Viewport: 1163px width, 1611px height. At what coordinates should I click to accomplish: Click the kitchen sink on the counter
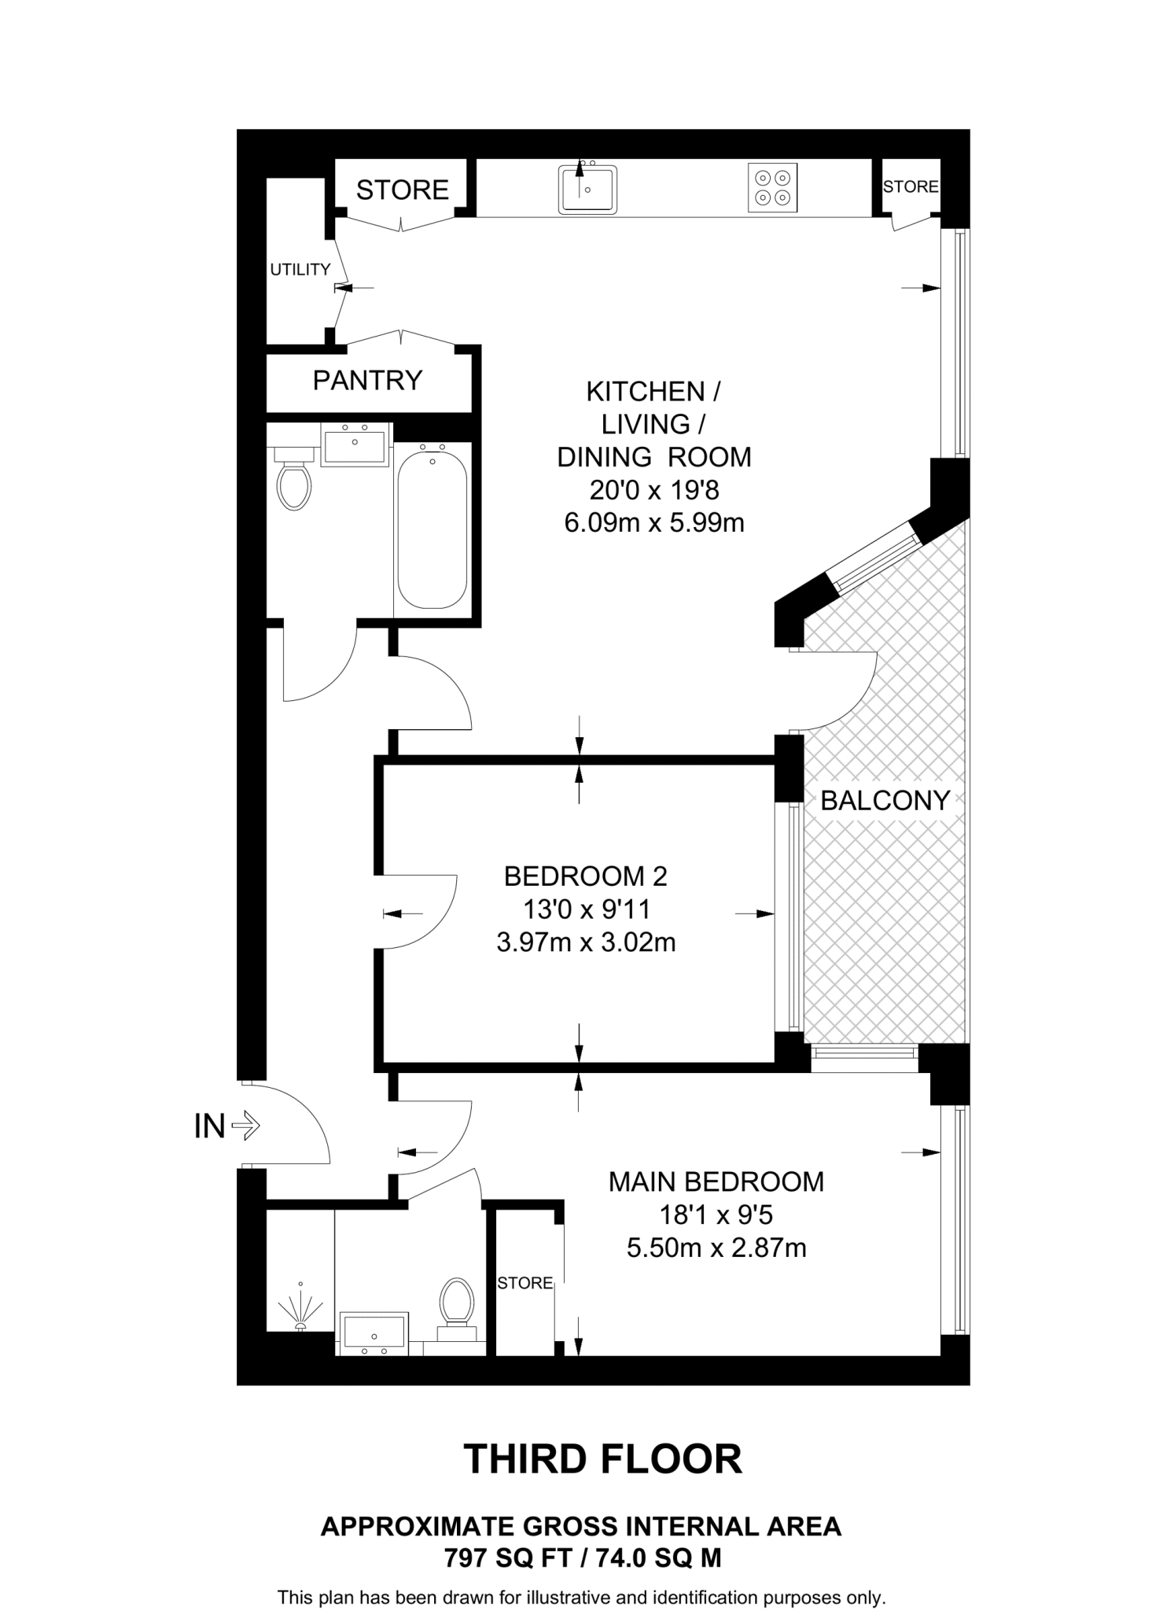point(587,189)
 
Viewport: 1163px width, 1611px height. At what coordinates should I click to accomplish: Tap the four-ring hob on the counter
point(771,187)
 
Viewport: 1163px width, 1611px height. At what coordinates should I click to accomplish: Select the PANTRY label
point(367,381)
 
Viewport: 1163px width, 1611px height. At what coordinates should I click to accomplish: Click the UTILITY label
point(300,270)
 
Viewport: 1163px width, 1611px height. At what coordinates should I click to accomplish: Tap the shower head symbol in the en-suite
point(300,1307)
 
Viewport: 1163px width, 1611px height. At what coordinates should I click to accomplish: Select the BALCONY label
point(885,801)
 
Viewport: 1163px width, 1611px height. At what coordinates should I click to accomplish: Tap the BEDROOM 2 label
point(585,876)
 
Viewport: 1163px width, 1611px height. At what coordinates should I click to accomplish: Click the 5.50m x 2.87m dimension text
point(716,1248)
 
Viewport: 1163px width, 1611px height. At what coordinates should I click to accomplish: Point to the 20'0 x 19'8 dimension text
point(653,491)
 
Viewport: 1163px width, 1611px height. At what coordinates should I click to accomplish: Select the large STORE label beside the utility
point(402,190)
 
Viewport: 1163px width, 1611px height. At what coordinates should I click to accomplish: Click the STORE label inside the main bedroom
point(524,1283)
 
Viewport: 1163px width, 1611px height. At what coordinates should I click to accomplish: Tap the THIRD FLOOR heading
point(602,1459)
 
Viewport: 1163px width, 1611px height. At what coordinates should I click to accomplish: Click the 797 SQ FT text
point(506,1558)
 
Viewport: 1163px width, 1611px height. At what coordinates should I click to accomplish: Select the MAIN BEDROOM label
point(716,1182)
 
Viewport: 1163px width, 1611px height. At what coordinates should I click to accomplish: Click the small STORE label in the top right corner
point(910,186)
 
